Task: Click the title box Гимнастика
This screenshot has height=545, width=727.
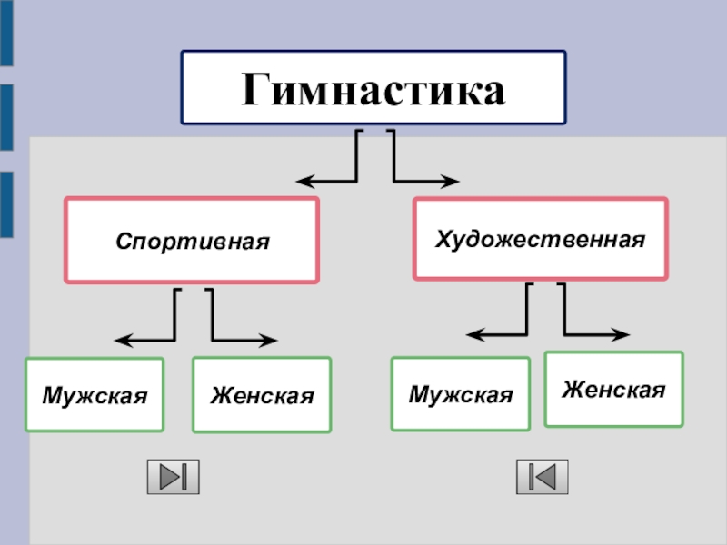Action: [x=373, y=88]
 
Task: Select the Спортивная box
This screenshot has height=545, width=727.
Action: [x=192, y=241]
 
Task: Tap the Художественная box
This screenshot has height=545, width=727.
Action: [x=540, y=239]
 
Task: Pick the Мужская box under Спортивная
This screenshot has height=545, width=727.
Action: [x=95, y=395]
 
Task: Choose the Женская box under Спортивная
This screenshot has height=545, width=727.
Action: [x=262, y=395]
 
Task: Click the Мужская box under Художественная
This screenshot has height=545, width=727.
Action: [x=461, y=394]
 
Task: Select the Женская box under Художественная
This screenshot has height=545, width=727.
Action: [x=613, y=389]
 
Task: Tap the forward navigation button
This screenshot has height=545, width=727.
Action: [x=173, y=477]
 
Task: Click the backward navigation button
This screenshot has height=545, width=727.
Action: [x=542, y=477]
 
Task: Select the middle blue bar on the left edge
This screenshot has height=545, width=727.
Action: [x=6, y=117]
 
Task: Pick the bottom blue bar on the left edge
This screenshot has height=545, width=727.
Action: [x=6, y=204]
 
